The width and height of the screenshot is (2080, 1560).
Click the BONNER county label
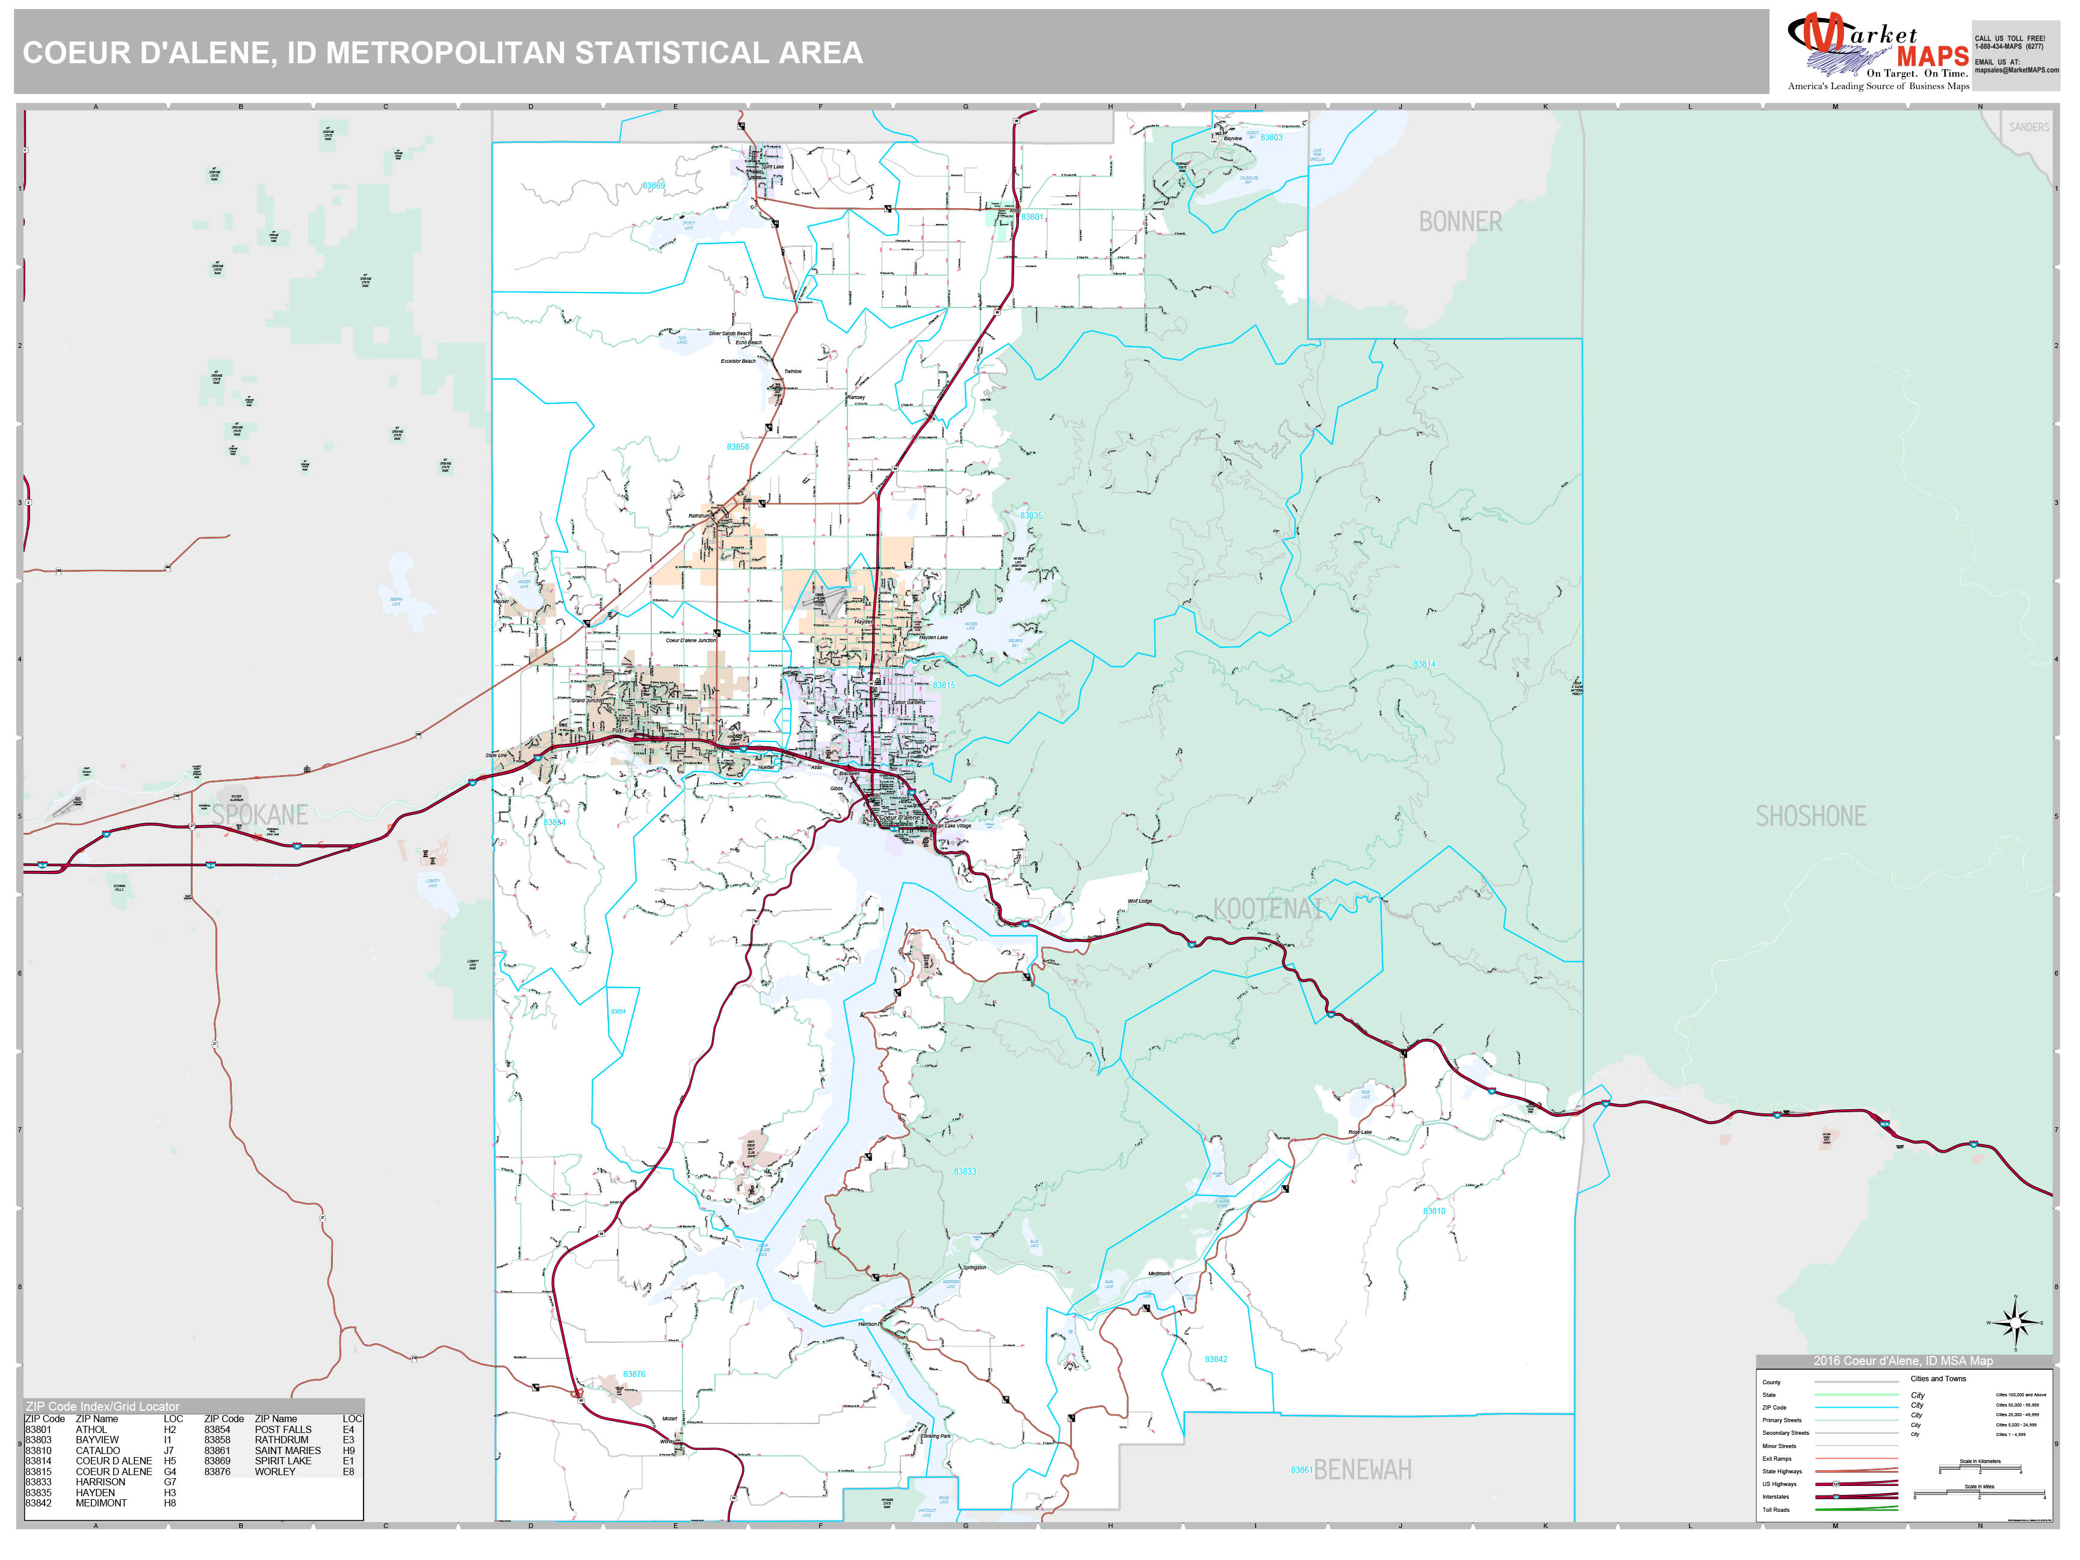(x=1459, y=222)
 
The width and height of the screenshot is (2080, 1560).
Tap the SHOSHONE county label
(x=1810, y=816)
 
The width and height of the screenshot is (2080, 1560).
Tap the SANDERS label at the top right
(x=2028, y=127)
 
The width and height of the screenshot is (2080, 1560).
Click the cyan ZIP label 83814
(x=1423, y=664)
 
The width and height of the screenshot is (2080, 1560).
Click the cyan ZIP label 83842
(x=1216, y=1359)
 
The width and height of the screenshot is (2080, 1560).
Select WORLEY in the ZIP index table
(x=274, y=1472)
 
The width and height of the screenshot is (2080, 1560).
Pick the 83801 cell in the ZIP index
(x=39, y=1429)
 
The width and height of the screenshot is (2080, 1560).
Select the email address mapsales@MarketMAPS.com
(x=2016, y=70)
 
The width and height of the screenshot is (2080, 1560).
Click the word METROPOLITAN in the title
(x=447, y=52)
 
